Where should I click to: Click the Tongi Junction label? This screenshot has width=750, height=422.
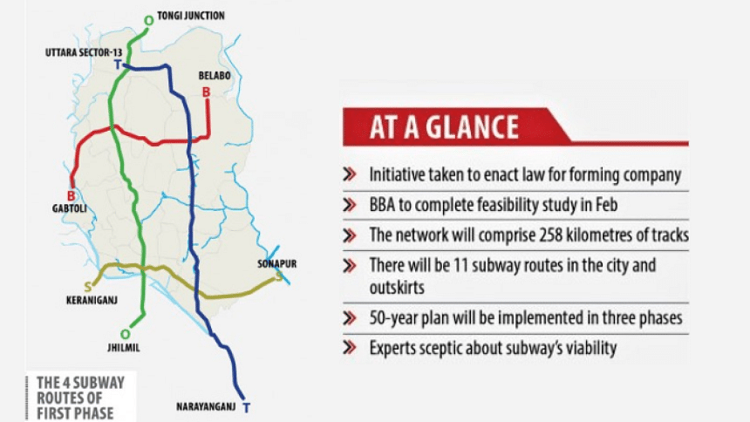[x=191, y=16]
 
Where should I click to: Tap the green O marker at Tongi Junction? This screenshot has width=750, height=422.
[x=149, y=21]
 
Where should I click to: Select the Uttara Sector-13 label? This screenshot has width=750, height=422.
[x=84, y=52]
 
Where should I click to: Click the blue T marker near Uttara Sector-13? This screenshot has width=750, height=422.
[x=118, y=65]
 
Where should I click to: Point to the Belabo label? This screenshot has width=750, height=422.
[x=215, y=76]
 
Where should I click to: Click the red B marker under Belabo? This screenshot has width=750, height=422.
[x=206, y=92]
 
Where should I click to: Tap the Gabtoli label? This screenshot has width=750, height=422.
[x=70, y=208]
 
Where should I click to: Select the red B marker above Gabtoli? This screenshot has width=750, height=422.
[x=71, y=195]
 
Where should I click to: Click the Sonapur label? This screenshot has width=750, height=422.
[x=277, y=263]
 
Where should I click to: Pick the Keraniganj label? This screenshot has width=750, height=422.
[x=92, y=301]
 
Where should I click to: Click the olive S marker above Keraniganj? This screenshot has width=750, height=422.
[x=87, y=287]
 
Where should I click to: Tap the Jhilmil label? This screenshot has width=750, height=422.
[x=124, y=348]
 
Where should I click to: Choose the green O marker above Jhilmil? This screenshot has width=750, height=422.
[x=126, y=334]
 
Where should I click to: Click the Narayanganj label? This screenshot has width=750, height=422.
[x=206, y=406]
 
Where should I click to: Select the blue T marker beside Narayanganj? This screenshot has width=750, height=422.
[x=246, y=408]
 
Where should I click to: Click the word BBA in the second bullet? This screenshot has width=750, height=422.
[x=382, y=205]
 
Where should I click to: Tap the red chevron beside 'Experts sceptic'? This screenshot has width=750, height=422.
[x=350, y=347]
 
